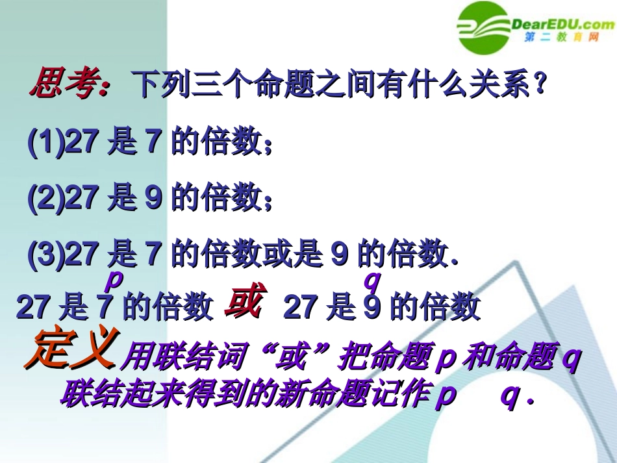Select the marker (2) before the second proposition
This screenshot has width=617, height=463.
click(45, 199)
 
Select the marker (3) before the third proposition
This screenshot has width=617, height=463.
click(45, 255)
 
